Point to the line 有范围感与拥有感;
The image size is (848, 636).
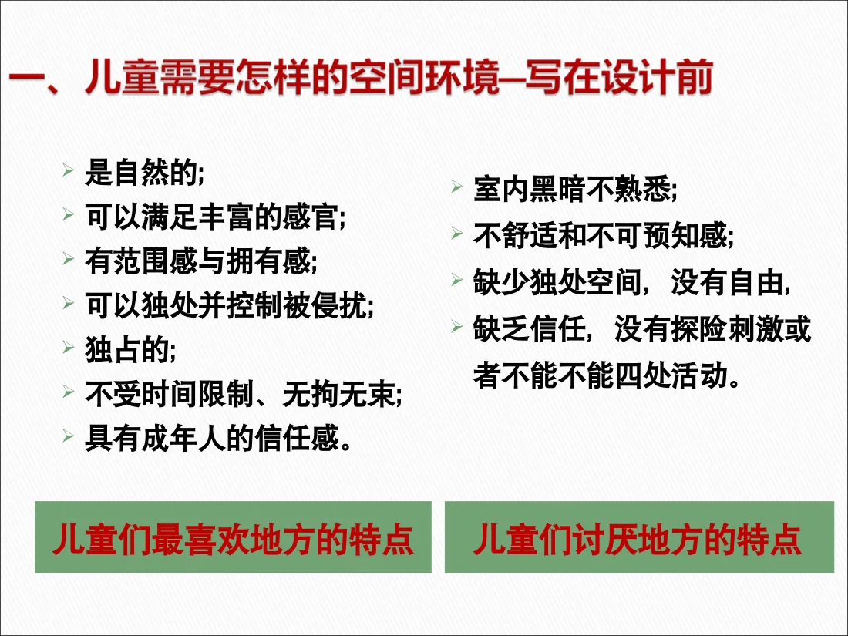pyautogui.click(x=200, y=261)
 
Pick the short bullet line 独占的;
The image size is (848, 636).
pyautogui.click(x=130, y=350)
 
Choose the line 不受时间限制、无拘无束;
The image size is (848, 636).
pyautogui.click(x=244, y=395)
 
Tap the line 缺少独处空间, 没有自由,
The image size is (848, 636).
pyautogui.click(x=633, y=283)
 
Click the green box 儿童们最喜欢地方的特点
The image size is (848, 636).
pyautogui.click(x=233, y=537)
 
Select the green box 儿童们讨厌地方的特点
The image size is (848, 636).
pyautogui.click(x=638, y=537)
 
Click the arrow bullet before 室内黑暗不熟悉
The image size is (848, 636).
pyautogui.click(x=457, y=187)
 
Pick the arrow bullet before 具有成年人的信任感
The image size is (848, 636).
pyautogui.click(x=69, y=436)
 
